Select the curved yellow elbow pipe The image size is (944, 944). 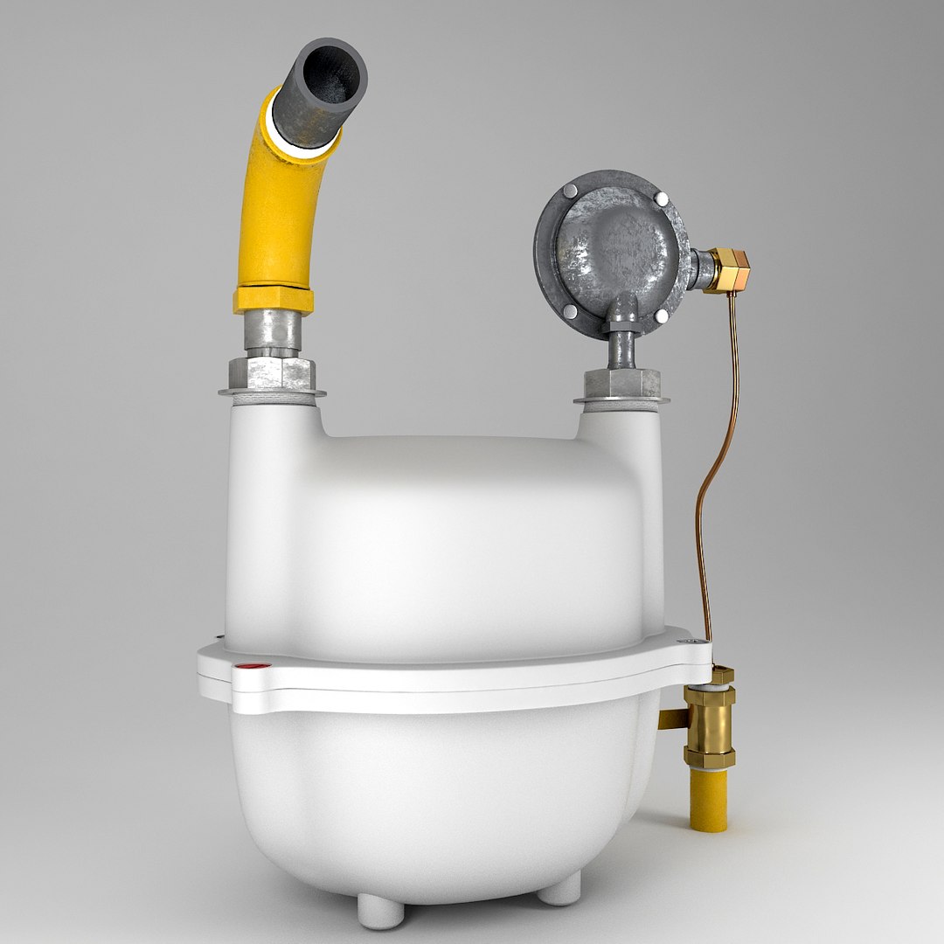(x=274, y=210)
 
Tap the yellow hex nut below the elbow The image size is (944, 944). (x=273, y=300)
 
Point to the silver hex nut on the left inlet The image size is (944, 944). (x=272, y=373)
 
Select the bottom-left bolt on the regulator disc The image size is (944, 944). (x=570, y=310)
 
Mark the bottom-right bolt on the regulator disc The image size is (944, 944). (x=662, y=316)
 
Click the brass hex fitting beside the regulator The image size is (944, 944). (x=727, y=270)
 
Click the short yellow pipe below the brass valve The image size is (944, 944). (x=708, y=800)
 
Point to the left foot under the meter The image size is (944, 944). (x=381, y=909)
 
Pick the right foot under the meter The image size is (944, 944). (x=559, y=889)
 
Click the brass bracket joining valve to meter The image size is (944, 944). (x=672, y=718)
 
